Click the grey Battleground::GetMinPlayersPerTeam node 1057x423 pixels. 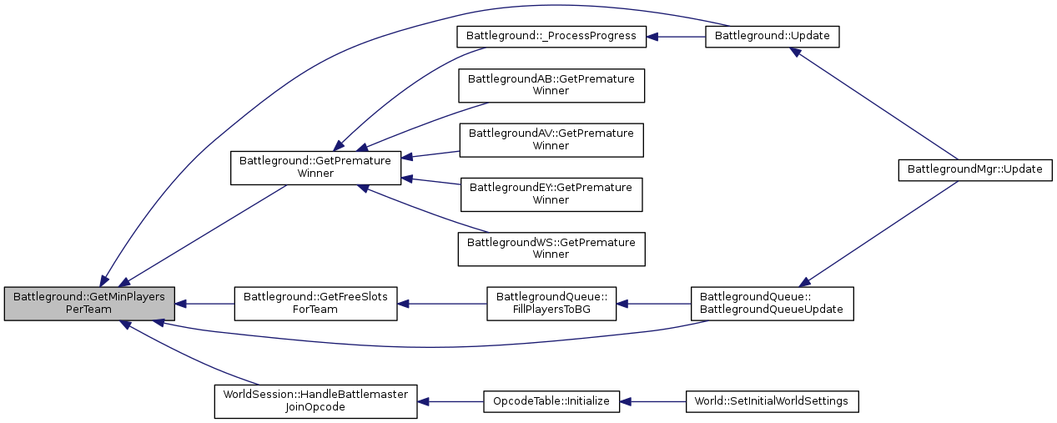coord(89,304)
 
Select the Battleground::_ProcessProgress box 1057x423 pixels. coord(551,37)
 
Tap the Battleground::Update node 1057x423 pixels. coord(772,37)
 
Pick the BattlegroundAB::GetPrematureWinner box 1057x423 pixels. coord(551,85)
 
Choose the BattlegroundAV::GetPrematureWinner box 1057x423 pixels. coord(551,139)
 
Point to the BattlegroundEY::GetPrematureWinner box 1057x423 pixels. coord(551,194)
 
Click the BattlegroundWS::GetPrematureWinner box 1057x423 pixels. coord(551,249)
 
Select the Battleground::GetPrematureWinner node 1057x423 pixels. coord(315,167)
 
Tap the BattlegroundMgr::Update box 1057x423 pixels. coord(974,169)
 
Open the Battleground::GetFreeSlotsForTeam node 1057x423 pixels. coord(315,304)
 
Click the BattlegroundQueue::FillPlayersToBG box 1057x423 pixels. coord(551,304)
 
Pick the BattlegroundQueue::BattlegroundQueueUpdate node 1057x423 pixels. coord(772,304)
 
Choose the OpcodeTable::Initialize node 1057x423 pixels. coord(551,401)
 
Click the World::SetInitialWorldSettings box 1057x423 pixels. coord(772,401)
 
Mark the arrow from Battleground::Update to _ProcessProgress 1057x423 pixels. coord(676,37)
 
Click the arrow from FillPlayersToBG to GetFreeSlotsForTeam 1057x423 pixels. coord(442,304)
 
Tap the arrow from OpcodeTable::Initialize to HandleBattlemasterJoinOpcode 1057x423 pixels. coord(450,401)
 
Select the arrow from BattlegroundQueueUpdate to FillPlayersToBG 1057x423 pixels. coord(654,304)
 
